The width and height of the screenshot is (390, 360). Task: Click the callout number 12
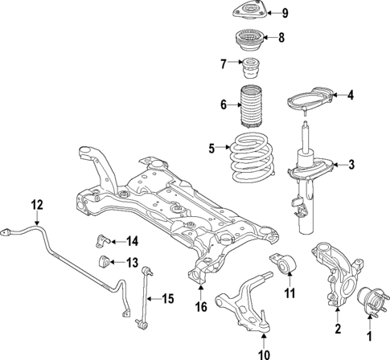click(36, 204)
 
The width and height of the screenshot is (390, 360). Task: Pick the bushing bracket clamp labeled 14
click(104, 239)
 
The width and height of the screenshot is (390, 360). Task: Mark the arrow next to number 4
click(338, 96)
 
